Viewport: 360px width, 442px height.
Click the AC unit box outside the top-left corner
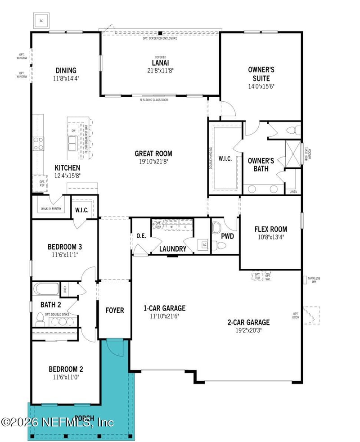pos(41,21)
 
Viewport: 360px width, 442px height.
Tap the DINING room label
pos(66,70)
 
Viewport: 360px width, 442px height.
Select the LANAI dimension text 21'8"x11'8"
pos(160,70)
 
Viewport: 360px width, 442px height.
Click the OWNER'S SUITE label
pos(261,74)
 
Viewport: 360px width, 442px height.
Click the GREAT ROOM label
pos(153,153)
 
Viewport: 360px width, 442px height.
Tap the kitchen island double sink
pos(72,143)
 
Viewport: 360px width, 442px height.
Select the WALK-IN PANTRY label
pos(51,209)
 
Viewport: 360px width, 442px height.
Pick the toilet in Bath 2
pos(40,318)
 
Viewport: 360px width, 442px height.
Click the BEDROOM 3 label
pos(64,247)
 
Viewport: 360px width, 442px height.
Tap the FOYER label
pos(115,310)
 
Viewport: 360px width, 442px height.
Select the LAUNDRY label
pos(172,249)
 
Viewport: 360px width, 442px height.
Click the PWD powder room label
pos(227,236)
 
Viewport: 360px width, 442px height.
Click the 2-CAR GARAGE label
pos(248,322)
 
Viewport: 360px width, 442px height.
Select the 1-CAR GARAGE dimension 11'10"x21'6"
pos(165,316)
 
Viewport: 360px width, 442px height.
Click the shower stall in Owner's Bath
pos(292,154)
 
